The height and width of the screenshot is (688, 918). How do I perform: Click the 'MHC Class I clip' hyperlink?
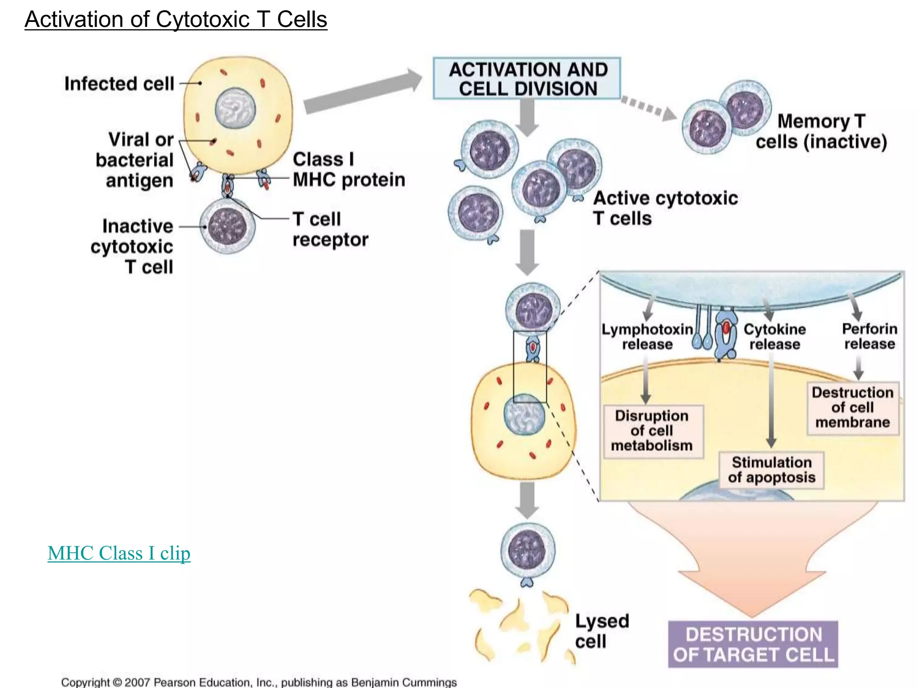pos(119,553)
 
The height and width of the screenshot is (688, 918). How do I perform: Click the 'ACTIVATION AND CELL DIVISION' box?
pos(527,79)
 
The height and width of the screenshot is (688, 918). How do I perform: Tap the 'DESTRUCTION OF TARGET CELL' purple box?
pos(753,645)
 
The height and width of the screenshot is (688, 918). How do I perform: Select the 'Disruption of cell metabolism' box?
pos(653,431)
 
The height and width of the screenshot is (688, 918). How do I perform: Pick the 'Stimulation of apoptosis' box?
pos(771,470)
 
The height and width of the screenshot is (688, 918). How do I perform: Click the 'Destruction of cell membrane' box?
pos(853,408)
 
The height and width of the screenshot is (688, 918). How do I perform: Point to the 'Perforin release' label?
pos(870,336)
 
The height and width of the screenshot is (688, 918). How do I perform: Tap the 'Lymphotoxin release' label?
pos(647,337)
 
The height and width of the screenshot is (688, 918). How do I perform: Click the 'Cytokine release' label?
pos(775,337)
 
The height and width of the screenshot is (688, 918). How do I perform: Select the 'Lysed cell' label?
pos(601,631)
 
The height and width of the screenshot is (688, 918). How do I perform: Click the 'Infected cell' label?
pos(119,84)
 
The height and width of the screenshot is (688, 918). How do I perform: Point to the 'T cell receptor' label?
pos(330,229)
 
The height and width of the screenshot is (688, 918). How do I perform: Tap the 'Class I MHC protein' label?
pos(348,169)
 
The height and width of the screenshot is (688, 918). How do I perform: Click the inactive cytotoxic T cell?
pos(228,227)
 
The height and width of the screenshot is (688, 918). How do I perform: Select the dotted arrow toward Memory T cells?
pos(648,107)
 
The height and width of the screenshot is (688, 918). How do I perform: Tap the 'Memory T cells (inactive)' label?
pos(821,131)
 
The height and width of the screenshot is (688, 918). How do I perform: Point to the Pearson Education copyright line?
pos(259,682)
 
